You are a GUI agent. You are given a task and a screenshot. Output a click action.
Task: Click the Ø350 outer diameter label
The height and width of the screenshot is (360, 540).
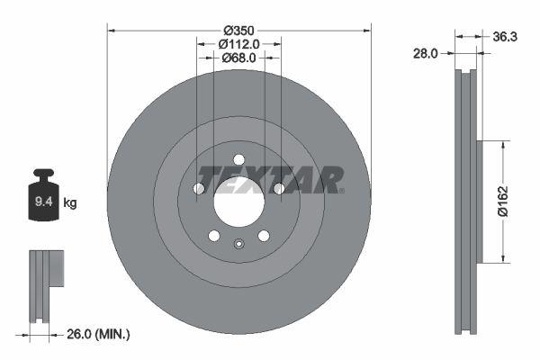238,29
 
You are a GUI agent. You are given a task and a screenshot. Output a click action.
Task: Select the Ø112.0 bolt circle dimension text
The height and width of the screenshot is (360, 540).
239,43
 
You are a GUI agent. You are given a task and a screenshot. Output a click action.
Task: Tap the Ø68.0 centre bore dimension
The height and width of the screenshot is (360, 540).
239,58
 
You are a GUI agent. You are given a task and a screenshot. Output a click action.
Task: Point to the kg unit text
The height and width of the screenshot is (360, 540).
70,203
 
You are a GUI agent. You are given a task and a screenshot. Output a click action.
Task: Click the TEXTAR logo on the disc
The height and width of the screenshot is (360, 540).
270,180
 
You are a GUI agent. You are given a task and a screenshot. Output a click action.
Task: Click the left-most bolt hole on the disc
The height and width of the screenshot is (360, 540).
199,188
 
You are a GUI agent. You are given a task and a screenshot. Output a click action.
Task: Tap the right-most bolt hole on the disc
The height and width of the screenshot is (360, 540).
279,188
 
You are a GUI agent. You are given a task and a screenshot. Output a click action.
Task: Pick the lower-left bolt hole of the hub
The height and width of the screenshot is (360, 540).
214,236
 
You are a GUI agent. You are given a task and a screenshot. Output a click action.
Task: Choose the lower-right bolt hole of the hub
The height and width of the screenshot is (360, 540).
264,236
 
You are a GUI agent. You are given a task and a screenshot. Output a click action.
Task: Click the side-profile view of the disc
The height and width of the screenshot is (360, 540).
466,202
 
